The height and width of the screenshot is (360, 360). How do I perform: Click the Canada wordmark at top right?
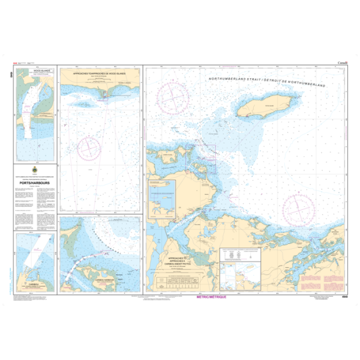coord(342,63)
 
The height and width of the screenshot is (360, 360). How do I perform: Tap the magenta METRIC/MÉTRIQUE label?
coord(210,296)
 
